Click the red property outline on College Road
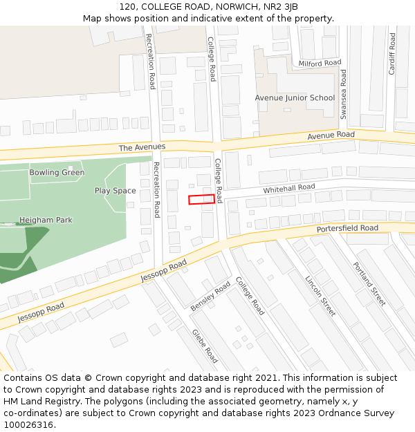coord(201,200)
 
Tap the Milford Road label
coord(320,64)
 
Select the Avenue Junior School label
coord(295,98)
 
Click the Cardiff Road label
coord(391,54)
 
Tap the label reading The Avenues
coord(142,147)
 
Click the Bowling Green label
coord(57,173)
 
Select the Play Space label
coord(116,191)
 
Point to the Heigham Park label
coord(46,220)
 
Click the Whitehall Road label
coord(288,188)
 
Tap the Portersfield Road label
coord(347,229)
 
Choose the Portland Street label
coord(369,283)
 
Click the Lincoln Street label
coord(320,296)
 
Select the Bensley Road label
coord(210,297)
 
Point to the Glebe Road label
coord(205,345)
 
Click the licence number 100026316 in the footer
coord(29,424)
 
